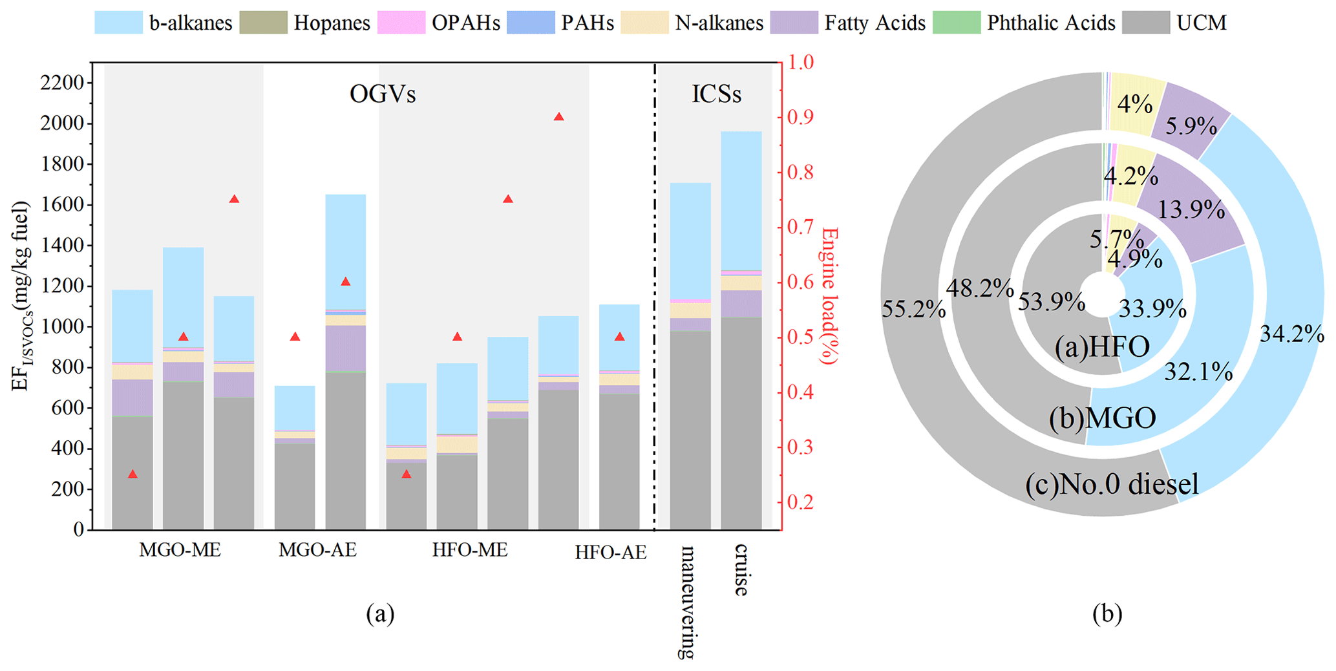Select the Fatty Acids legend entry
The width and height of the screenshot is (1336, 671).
[x=848, y=23]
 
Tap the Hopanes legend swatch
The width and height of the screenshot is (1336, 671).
[x=263, y=23]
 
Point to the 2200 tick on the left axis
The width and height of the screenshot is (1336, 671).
[x=62, y=83]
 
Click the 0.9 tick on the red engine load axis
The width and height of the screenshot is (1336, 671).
[x=800, y=118]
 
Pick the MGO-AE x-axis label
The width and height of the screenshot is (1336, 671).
[x=317, y=550]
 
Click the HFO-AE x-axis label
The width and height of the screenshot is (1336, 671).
[x=610, y=553]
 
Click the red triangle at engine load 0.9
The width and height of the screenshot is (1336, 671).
[x=559, y=117]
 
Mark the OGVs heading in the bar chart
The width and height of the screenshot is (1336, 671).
[x=383, y=94]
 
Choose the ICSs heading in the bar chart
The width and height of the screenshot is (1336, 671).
[x=716, y=94]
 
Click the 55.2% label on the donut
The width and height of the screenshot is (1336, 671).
[x=913, y=310]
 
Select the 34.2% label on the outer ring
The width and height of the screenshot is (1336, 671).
[x=1291, y=334]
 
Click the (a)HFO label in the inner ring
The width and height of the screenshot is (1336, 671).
[x=1102, y=347]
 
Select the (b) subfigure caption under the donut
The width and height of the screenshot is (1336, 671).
[x=1107, y=613]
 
